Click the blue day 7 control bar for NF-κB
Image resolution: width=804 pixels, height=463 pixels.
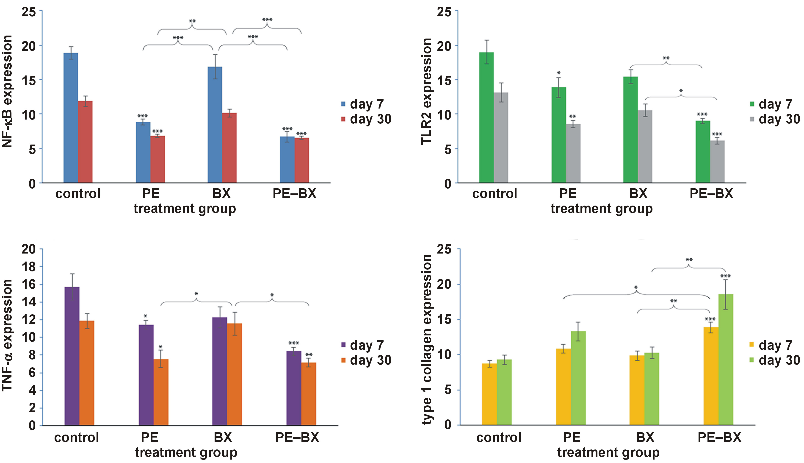click(x=71, y=118)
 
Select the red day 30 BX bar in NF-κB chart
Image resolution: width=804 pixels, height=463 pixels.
click(x=229, y=148)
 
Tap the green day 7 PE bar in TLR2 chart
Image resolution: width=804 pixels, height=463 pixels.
click(x=558, y=135)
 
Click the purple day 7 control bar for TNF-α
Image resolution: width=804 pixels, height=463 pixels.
click(x=72, y=356)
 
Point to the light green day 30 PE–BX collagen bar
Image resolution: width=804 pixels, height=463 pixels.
click(x=726, y=359)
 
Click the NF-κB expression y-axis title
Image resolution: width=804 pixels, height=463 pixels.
click(x=7, y=92)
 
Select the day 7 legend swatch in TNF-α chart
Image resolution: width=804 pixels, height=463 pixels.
click(x=343, y=345)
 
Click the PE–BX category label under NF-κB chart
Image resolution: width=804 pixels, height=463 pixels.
click(x=294, y=193)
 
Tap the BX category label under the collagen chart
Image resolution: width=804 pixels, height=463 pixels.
click(x=645, y=437)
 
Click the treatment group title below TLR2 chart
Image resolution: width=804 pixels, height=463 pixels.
click(x=601, y=209)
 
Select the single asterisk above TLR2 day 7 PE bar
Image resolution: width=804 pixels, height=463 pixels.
click(x=559, y=73)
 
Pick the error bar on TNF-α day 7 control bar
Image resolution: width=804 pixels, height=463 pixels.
click(x=72, y=287)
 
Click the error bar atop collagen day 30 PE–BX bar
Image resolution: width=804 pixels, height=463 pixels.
click(x=726, y=294)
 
